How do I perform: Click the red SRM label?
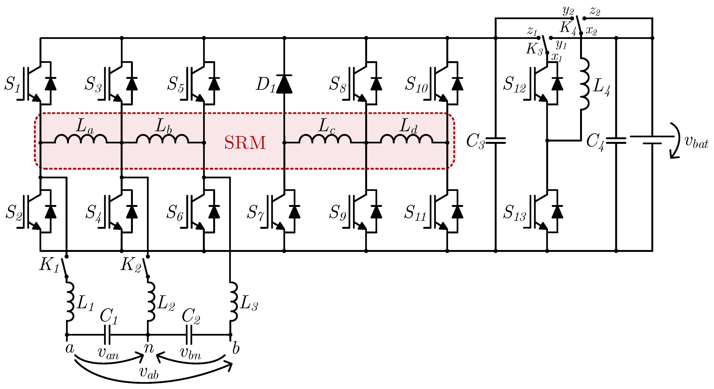[245, 143]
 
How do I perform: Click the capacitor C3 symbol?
[496, 141]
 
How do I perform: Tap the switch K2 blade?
[145, 266]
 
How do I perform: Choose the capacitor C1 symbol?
[107, 335]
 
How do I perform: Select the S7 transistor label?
[255, 213]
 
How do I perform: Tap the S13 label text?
[514, 213]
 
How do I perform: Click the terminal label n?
[149, 348]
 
